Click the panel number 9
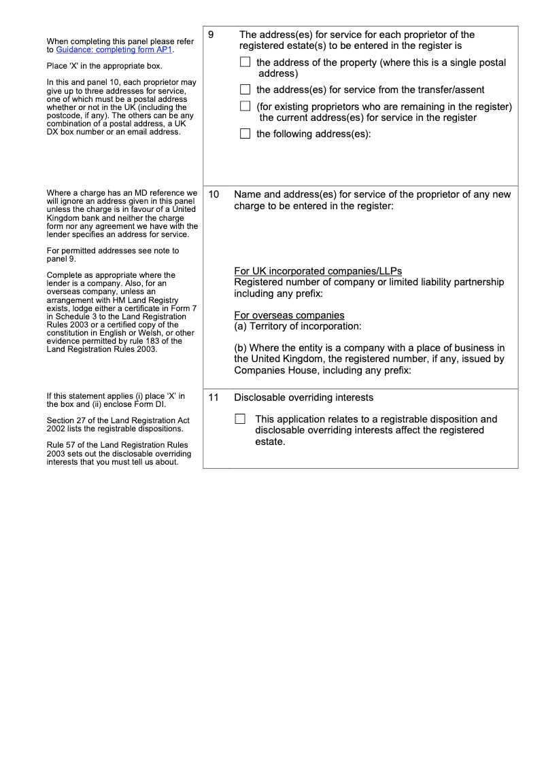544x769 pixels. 211,35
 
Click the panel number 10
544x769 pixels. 214,194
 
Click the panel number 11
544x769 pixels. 214,397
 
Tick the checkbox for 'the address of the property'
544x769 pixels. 245,62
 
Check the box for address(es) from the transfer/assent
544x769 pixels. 245,90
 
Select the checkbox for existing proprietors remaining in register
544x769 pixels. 245,107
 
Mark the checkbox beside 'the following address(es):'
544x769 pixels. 245,134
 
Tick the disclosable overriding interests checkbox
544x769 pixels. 240,419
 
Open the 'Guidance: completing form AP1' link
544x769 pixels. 114,50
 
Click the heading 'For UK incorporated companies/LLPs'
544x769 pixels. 318,272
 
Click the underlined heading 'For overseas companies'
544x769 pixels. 289,315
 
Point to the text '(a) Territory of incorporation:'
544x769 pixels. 297,326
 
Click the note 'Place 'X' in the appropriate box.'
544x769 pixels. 104,66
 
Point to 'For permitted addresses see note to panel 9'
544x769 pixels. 113,255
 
